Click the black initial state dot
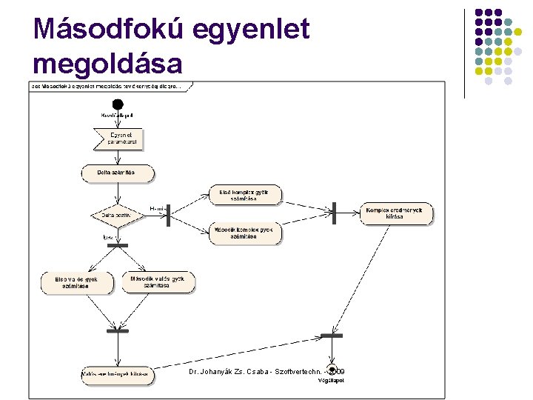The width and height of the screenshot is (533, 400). (x=117, y=104)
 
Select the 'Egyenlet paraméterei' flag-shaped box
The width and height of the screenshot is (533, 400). (x=118, y=139)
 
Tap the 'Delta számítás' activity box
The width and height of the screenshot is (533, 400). (x=118, y=173)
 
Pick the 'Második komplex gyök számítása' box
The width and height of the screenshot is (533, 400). (x=245, y=233)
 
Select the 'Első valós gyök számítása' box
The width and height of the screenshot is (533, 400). (x=78, y=282)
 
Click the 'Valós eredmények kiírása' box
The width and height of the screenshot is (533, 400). (x=116, y=374)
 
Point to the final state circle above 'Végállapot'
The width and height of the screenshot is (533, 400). (x=333, y=370)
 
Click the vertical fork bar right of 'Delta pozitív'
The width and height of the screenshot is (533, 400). (x=169, y=215)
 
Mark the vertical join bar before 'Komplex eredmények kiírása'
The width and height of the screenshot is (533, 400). (x=335, y=213)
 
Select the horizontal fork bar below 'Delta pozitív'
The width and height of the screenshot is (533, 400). (x=118, y=245)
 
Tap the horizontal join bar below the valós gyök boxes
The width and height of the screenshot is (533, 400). (x=117, y=331)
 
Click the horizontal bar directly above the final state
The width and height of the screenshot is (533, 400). (x=332, y=336)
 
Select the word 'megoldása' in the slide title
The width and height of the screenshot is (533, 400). (x=108, y=64)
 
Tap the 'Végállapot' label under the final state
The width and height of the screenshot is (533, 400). (x=333, y=381)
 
